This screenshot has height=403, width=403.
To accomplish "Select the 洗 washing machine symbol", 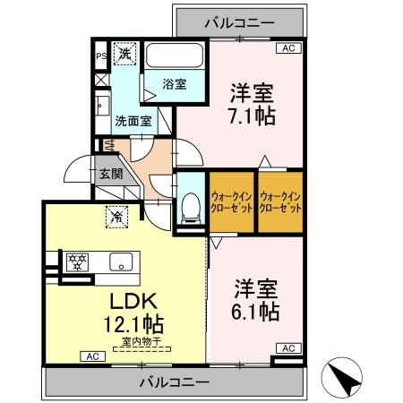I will click(125, 54).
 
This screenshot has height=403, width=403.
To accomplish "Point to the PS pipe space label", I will click(100, 55).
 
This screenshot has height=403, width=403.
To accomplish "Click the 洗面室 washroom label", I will click(132, 120).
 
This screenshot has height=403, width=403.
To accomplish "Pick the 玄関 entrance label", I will click(110, 174).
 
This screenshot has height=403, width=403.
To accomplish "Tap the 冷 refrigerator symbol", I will click(116, 215).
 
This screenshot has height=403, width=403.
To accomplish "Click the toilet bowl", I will click(189, 209).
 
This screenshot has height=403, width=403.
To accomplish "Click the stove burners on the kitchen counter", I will click(78, 262).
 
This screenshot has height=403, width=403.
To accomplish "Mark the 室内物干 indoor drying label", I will click(135, 340).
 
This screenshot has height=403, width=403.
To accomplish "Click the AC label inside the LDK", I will click(91, 356).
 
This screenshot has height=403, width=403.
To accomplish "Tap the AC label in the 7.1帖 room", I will click(287, 49).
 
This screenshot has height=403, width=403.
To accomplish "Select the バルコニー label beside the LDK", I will click(174, 382).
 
